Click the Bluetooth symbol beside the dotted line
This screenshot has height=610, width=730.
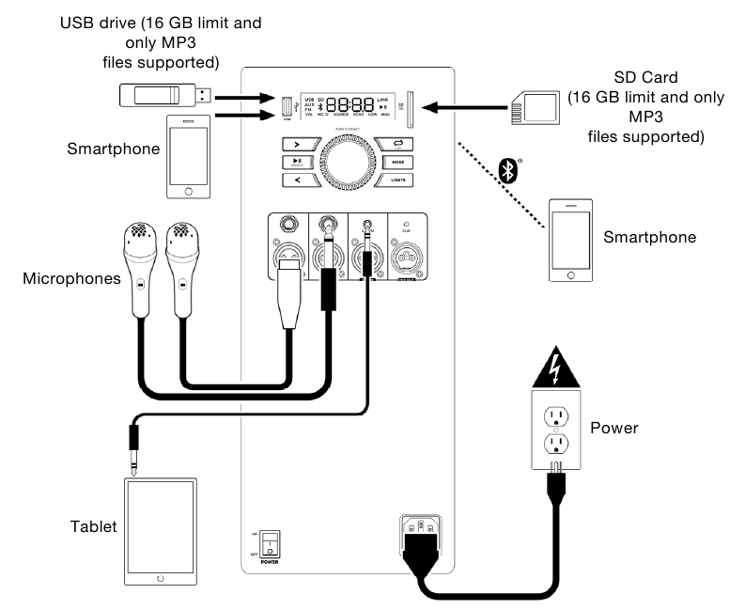(509, 169)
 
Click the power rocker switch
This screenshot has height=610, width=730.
(269, 544)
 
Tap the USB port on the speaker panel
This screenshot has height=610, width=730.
(286, 110)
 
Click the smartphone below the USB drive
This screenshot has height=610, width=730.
(190, 158)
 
